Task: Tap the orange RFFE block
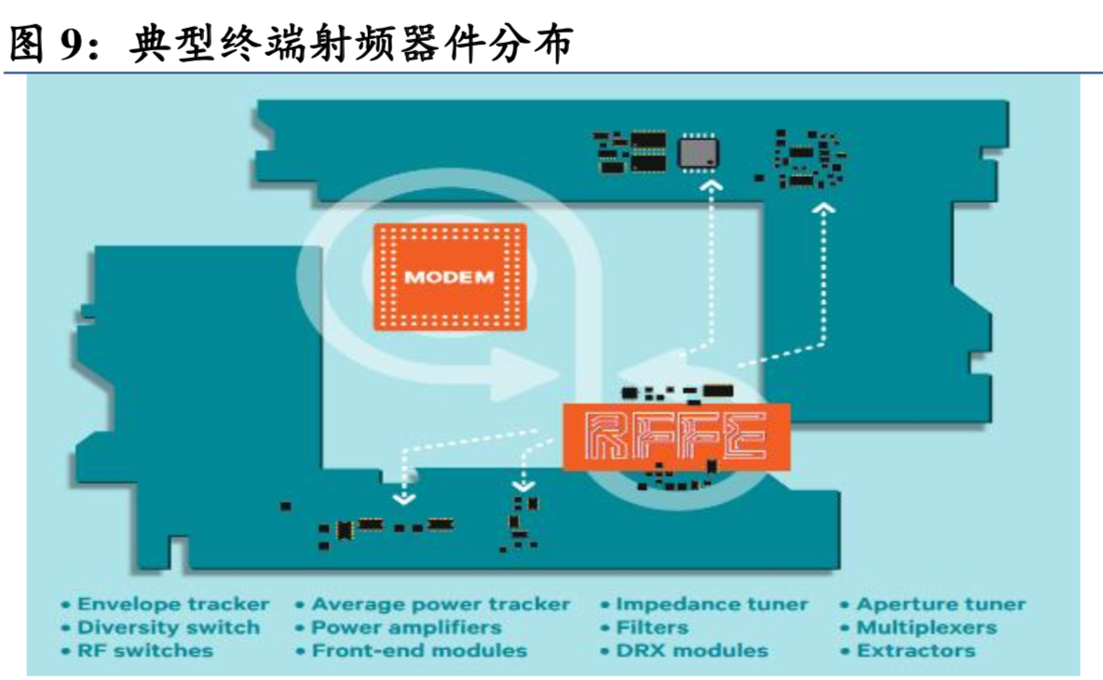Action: tap(676, 436)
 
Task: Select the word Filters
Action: tap(651, 628)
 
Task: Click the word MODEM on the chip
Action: tap(449, 277)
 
